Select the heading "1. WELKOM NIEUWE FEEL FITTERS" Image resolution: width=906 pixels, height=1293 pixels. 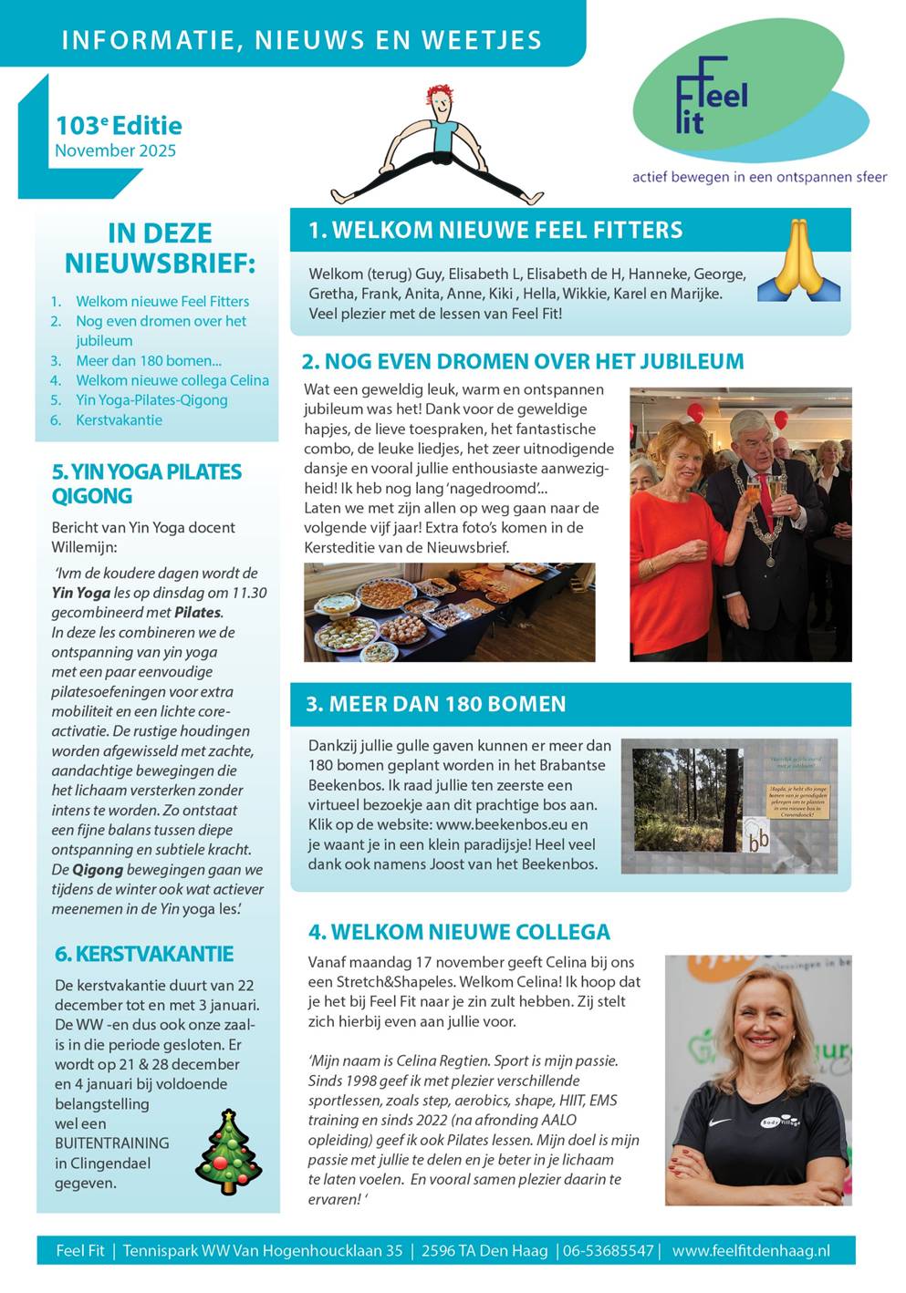[495, 230]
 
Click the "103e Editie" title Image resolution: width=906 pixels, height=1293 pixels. [119, 126]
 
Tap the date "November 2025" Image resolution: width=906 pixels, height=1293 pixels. [115, 151]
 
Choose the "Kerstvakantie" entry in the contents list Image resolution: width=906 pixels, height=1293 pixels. [119, 420]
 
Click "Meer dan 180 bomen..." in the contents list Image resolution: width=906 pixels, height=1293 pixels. [148, 360]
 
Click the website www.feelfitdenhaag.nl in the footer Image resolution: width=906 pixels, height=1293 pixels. [751, 1250]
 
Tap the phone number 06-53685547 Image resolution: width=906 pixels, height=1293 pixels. [608, 1250]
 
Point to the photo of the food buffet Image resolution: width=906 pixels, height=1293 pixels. [449, 612]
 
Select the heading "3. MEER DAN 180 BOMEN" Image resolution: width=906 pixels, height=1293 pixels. [435, 704]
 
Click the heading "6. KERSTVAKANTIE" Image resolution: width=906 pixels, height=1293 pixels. [144, 954]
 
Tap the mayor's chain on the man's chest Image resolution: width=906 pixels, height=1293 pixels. [765, 511]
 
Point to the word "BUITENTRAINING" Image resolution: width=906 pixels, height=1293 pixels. [111, 1143]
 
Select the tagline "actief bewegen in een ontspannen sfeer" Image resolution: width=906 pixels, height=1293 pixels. [759, 177]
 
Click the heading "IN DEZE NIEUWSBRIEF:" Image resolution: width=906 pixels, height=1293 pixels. [160, 248]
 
